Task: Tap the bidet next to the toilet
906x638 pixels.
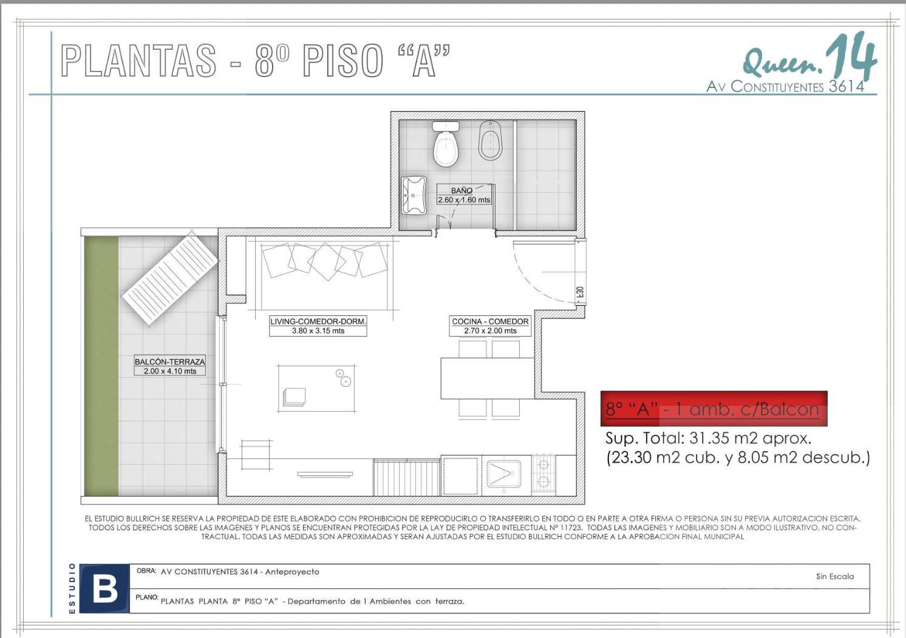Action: (x=490, y=140)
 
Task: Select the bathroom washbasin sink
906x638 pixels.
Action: (x=415, y=195)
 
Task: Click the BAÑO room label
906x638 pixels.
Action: (x=462, y=190)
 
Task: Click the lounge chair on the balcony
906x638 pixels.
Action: (x=170, y=279)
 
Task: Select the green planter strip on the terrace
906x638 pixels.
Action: (x=101, y=366)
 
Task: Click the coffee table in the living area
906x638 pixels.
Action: (x=316, y=389)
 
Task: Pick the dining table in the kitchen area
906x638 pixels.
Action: (x=488, y=378)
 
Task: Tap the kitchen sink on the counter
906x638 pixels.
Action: (x=504, y=474)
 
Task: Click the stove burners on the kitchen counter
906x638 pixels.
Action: (x=543, y=473)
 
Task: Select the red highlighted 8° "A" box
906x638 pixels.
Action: (x=714, y=409)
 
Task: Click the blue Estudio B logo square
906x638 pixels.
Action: (x=104, y=589)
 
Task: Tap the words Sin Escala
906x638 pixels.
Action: (x=835, y=577)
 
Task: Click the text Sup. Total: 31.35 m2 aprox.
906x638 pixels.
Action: (x=708, y=438)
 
